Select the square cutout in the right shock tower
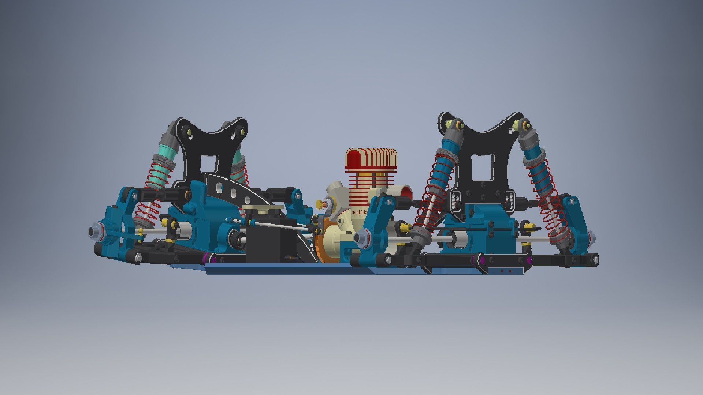click(483, 163)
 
